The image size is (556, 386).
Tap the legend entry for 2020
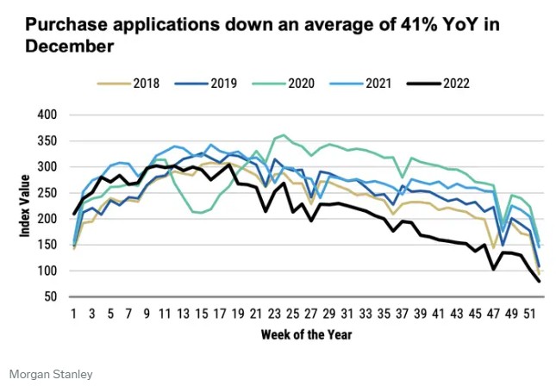tap(298, 84)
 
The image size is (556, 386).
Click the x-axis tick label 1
tap(74, 313)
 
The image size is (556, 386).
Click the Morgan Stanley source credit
tap(52, 374)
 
